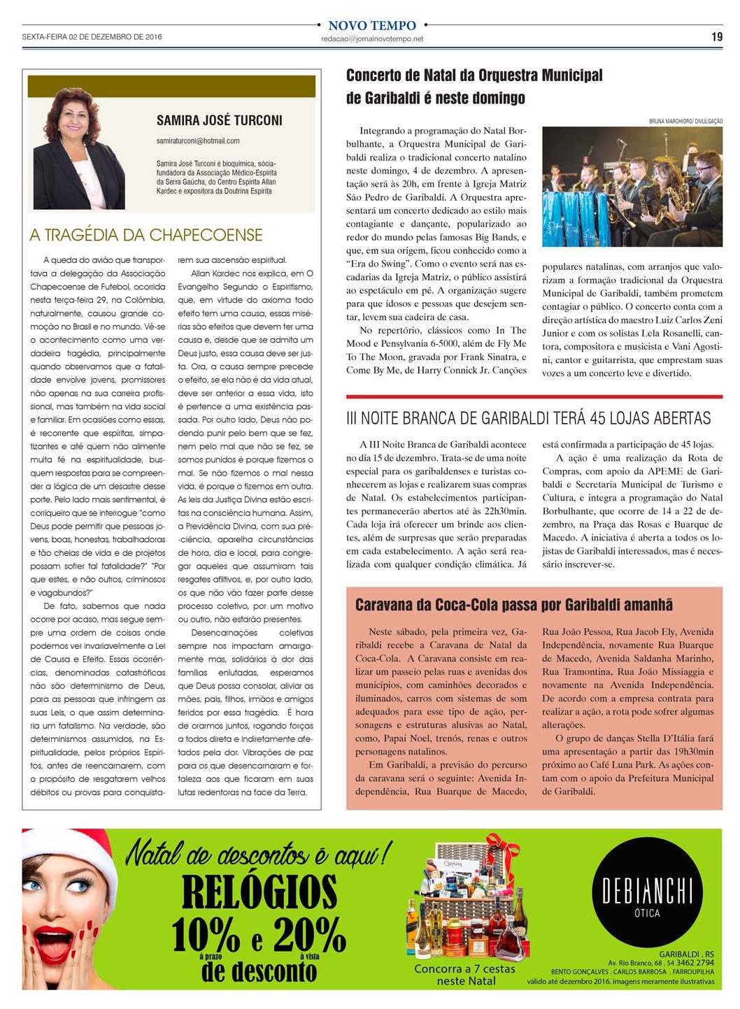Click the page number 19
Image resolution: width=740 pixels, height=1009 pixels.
tap(716, 37)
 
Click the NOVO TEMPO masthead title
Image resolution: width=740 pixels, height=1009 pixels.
tap(371, 26)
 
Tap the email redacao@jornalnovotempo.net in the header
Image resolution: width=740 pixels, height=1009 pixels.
tap(372, 39)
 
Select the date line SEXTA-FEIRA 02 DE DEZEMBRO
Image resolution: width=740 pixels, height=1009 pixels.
tap(92, 37)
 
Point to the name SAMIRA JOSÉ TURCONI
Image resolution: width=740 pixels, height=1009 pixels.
tap(219, 120)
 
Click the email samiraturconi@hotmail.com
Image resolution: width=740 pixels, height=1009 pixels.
tap(198, 141)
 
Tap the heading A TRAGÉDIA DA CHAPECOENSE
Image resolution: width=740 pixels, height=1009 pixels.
tap(146, 235)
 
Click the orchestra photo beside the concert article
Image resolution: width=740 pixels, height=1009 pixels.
tap(632, 186)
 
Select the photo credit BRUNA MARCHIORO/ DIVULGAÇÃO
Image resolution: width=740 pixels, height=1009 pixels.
tap(685, 122)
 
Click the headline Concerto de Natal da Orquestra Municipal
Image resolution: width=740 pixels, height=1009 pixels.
tap(474, 76)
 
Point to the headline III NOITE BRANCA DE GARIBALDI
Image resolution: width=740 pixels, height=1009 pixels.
tap(528, 418)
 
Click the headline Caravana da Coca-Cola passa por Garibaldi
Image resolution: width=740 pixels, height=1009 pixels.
tap(513, 605)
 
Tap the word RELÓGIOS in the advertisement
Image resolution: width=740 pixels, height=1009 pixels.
tap(259, 892)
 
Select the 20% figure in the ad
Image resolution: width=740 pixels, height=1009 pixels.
tap(309, 934)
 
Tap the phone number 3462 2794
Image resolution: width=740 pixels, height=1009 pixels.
tap(695, 963)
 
